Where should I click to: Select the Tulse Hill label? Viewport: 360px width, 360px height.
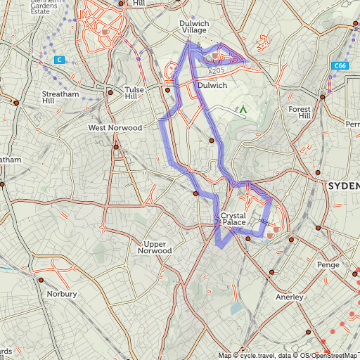click(134, 94)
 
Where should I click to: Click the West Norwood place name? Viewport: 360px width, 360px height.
click(115, 128)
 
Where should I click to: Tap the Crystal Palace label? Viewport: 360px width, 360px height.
click(233, 219)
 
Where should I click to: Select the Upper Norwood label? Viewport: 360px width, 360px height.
click(155, 246)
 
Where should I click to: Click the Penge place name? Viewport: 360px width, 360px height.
click(328, 265)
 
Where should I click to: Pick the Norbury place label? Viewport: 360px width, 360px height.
click(61, 294)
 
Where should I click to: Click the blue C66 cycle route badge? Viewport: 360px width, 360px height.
click(340, 65)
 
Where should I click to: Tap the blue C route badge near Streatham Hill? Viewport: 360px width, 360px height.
click(60, 60)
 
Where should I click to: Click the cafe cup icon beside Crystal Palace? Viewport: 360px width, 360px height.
click(276, 229)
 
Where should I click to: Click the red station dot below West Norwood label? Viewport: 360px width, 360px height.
click(116, 147)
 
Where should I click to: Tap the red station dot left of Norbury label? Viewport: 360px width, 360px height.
click(41, 280)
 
